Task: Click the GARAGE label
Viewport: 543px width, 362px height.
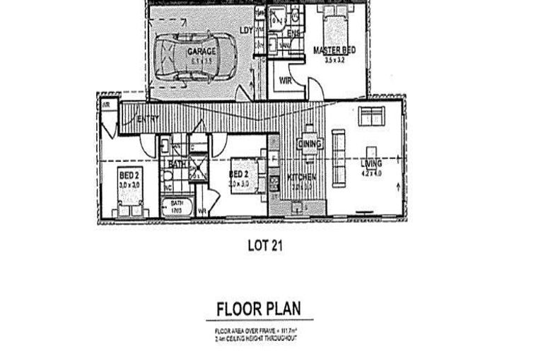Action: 202,52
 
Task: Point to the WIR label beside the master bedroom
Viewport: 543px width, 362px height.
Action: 286,81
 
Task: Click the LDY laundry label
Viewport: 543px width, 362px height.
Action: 246,30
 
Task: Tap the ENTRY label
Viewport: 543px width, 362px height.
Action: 147,118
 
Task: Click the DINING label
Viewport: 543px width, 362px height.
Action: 310,144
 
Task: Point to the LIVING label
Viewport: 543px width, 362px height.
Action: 370,164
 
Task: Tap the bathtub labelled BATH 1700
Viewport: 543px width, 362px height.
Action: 177,206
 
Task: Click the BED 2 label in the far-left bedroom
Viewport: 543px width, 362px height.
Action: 129,175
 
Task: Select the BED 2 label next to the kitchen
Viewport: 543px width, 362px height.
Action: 239,174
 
